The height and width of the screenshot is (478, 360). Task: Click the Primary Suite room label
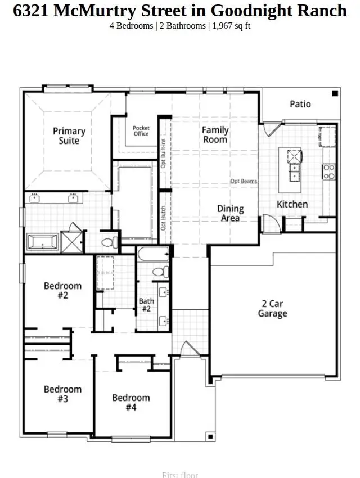pos(69,136)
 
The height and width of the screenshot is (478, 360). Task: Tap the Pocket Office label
pos(141,131)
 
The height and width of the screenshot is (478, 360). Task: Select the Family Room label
pos(215,134)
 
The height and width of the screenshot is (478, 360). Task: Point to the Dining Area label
pos(231,213)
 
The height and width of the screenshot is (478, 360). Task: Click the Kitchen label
pos(292,204)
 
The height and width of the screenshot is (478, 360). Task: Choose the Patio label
pos(300,104)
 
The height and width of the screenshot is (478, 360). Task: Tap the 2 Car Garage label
pos(272,308)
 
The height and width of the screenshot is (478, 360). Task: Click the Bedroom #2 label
pos(62,290)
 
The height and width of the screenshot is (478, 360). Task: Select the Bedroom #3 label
pos(62,394)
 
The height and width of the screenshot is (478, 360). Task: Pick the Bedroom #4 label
pos(130,402)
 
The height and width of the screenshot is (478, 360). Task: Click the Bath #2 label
pos(146,305)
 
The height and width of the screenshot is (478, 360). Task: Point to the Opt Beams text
pos(244,181)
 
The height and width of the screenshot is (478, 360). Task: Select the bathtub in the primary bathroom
pos(43,242)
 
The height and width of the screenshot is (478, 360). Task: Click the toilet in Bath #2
pos(160,272)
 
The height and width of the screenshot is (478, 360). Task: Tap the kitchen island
pos(292,165)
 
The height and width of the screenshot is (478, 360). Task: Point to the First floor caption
pos(180,475)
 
